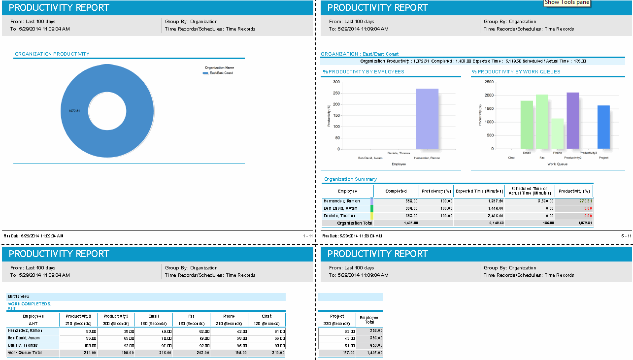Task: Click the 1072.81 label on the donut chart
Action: click(74, 111)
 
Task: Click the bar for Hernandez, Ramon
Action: click(427, 119)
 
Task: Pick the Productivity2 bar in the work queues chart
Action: click(572, 121)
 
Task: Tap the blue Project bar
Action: click(603, 127)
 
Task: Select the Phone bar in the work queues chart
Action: click(557, 133)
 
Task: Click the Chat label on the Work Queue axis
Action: click(511, 158)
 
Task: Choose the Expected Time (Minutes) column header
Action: click(479, 191)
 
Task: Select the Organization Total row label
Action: click(354, 223)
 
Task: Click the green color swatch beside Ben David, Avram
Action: click(372, 208)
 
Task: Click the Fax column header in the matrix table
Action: click(191, 316)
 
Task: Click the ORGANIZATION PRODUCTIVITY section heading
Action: click(52, 54)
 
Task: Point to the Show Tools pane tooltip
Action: click(566, 2)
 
